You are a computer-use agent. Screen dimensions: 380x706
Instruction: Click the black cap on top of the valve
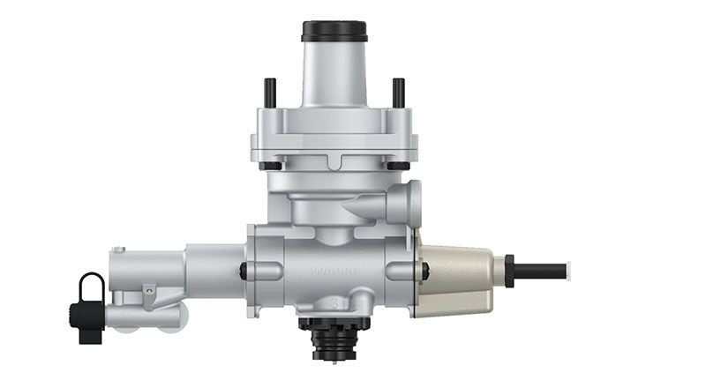coord(334,31)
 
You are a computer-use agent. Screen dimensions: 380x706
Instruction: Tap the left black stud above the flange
coord(270,92)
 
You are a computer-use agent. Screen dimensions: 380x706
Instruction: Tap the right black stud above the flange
coord(398,92)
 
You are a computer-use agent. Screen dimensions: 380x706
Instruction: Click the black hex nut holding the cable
coord(508,270)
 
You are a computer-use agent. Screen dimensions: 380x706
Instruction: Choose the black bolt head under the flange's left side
coord(271,166)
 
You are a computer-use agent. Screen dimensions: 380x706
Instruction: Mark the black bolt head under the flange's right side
coord(398,166)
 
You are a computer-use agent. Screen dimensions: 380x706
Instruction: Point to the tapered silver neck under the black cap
coord(334,75)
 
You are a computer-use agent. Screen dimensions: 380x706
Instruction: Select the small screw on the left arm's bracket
coord(151,287)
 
